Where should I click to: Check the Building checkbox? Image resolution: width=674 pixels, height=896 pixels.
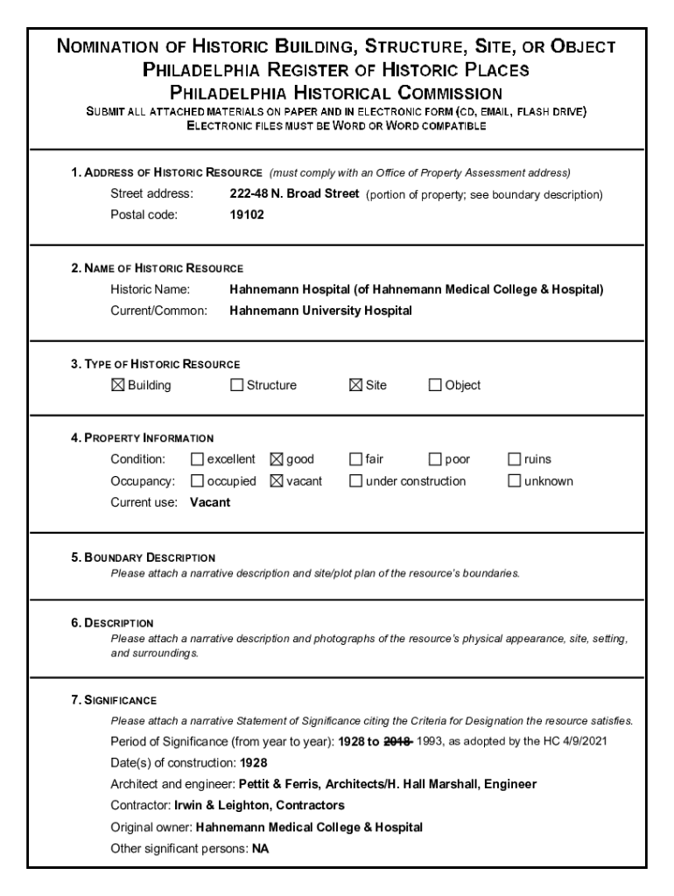(118, 385)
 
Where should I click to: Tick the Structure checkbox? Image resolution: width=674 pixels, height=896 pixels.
(236, 385)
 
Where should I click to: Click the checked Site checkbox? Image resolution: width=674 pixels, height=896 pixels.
(356, 385)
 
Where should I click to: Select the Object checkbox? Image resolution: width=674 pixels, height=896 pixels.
(435, 385)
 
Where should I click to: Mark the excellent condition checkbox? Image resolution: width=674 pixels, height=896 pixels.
(197, 459)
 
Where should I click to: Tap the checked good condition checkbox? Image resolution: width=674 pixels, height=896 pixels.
(277, 459)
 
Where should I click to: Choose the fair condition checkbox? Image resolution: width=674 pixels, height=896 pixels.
(356, 459)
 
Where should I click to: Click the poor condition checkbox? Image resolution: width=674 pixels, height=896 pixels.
(435, 459)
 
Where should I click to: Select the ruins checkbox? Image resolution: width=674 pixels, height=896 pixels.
(515, 459)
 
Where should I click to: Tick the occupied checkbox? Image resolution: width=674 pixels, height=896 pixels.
(197, 481)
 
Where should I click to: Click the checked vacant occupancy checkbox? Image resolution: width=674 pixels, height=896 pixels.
(277, 481)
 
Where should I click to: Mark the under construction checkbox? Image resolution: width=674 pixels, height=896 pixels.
(356, 481)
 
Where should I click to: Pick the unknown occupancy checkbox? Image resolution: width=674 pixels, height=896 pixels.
(515, 481)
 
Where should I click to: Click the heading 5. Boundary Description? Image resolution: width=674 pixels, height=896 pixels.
(144, 557)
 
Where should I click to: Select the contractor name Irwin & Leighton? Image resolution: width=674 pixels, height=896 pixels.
(221, 805)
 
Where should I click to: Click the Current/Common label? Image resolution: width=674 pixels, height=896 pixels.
(158, 311)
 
